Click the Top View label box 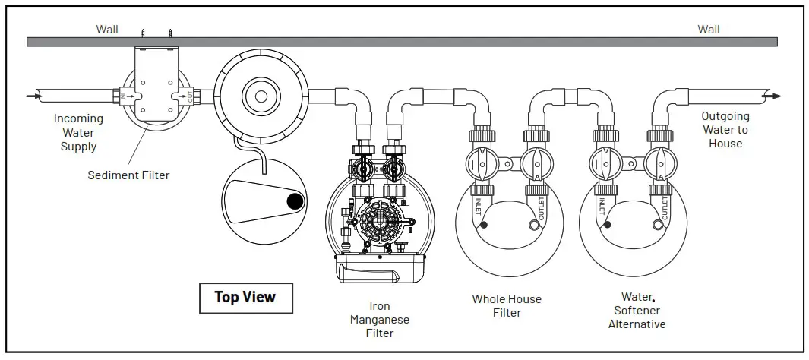pyautogui.click(x=245, y=297)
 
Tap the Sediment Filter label pyautogui.click(x=128, y=175)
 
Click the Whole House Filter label pyautogui.click(x=507, y=305)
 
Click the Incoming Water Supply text pyautogui.click(x=78, y=132)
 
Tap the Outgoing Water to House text pyautogui.click(x=725, y=130)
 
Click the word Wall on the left pyautogui.click(x=107, y=30)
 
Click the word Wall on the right pyautogui.click(x=709, y=30)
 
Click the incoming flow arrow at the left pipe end pyautogui.click(x=31, y=96)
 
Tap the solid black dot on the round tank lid pyautogui.click(x=294, y=201)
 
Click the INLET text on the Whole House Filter pyautogui.click(x=478, y=208)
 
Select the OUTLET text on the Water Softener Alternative pyautogui.click(x=664, y=207)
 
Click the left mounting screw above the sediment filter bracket pyautogui.click(x=141, y=33)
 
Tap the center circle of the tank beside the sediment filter pyautogui.click(x=261, y=96)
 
